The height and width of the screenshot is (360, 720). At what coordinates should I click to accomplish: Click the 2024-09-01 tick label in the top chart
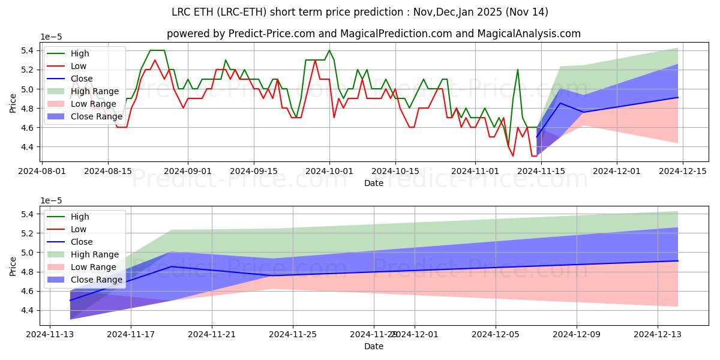point(188,171)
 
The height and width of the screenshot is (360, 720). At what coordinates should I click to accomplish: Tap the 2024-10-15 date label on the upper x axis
point(395,171)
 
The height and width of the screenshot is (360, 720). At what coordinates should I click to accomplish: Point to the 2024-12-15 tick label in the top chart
point(683,171)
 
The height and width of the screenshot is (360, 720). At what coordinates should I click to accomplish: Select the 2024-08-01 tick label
point(41,171)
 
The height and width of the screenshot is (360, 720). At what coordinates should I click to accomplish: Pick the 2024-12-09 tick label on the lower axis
point(577,335)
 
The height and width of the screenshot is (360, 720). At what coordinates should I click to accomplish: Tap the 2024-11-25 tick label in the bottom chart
point(293,335)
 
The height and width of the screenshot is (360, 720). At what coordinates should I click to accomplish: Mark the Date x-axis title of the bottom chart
point(373,346)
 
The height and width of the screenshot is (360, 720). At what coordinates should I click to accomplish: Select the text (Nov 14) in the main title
point(526,12)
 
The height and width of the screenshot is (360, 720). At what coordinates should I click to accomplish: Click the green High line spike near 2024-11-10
point(517,70)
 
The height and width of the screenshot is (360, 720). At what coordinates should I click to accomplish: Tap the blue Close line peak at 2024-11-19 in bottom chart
point(172,266)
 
